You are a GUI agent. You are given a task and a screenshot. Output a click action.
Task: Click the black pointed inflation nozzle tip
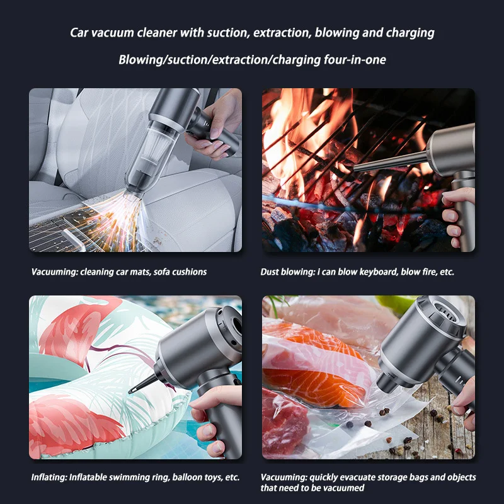(x=134, y=389)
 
